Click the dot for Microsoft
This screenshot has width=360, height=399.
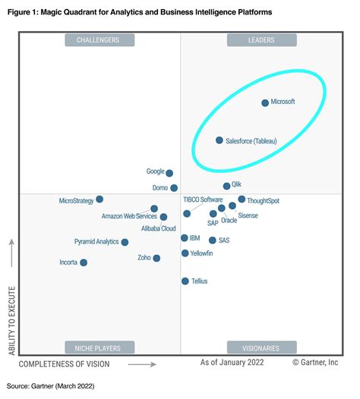click(265, 102)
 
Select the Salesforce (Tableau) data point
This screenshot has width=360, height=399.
click(219, 140)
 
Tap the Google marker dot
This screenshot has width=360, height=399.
click(169, 173)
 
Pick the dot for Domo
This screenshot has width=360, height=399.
click(174, 187)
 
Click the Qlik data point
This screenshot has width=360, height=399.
click(226, 186)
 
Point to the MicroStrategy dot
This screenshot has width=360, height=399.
click(99, 199)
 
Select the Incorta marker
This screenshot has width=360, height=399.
click(84, 262)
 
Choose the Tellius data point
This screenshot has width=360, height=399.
click(185, 281)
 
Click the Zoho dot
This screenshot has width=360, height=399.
click(156, 258)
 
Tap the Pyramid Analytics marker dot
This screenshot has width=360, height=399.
click(125, 242)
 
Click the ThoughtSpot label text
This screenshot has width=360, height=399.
click(264, 200)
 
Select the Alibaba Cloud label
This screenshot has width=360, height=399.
click(159, 228)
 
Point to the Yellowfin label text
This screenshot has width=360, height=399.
click(202, 253)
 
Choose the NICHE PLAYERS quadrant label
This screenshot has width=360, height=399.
click(98, 348)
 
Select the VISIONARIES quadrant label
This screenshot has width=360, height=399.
click(260, 348)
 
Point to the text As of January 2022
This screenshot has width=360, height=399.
click(232, 363)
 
